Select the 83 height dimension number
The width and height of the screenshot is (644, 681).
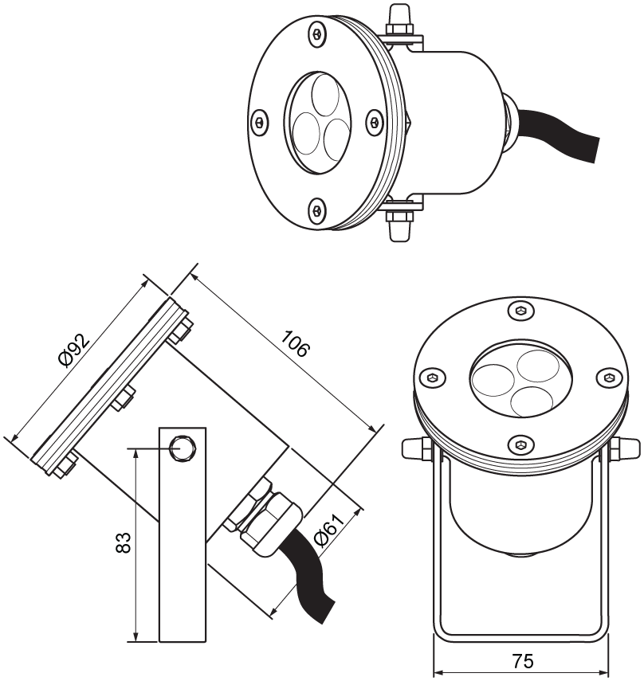pyautogui.click(x=122, y=544)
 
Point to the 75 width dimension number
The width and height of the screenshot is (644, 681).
pyautogui.click(x=523, y=661)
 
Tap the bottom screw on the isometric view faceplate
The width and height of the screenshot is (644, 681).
pyautogui.click(x=317, y=209)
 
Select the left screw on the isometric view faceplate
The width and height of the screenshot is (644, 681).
pyautogui.click(x=259, y=123)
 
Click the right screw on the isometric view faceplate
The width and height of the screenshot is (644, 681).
pyautogui.click(x=373, y=121)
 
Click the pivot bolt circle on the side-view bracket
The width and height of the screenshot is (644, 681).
pyautogui.click(x=184, y=448)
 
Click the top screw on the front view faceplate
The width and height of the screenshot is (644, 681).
pyautogui.click(x=520, y=310)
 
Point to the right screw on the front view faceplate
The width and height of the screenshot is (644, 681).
pyautogui.click(x=608, y=377)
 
